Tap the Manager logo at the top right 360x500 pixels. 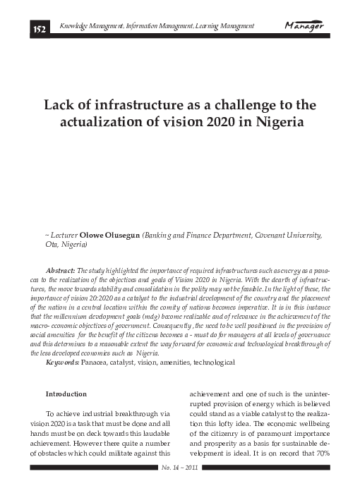tap(304, 27)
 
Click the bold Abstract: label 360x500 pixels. tap(60, 270)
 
